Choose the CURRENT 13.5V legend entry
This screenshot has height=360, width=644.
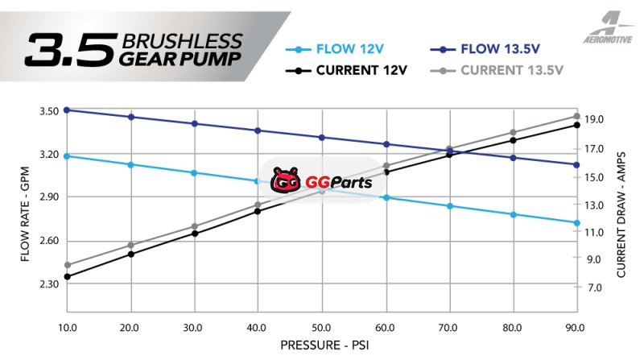tap(507, 70)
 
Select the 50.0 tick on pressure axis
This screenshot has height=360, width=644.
tap(322, 328)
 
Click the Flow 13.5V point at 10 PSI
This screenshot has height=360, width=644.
tap(67, 110)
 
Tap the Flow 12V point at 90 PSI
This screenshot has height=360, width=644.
tap(577, 223)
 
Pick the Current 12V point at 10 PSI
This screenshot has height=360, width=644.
tap(67, 277)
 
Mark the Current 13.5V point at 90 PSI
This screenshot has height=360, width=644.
tap(577, 116)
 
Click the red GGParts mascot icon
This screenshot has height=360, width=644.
tap(285, 181)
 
